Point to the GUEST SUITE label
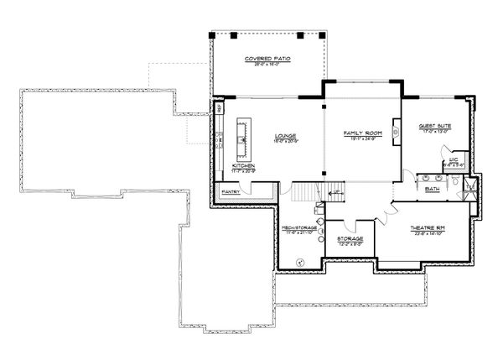pos(434,127)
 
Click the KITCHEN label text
pos(244,166)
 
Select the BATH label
pos(433,189)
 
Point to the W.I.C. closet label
pos(452,159)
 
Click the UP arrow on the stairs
pos(337,192)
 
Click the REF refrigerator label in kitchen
pos(220,108)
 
